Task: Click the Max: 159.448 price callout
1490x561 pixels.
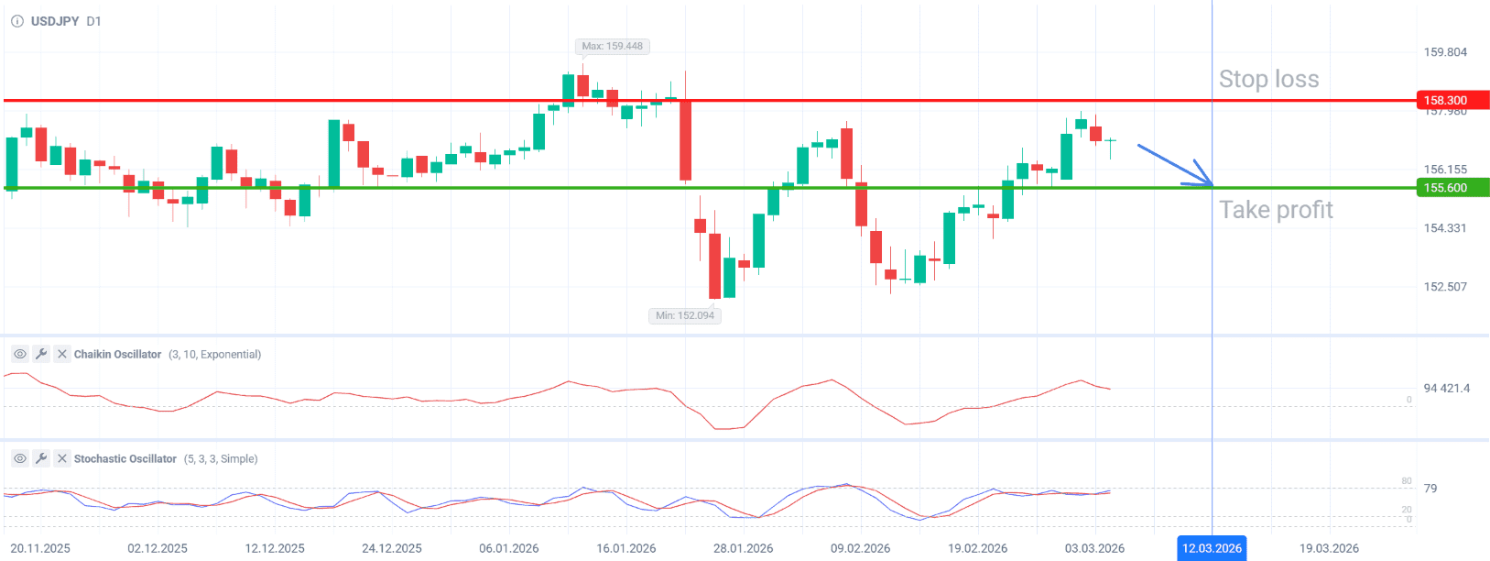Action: pos(612,46)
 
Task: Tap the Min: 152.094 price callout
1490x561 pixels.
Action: pos(684,315)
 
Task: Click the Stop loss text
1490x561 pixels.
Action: pos(1268,80)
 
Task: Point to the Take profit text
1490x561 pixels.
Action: pos(1276,210)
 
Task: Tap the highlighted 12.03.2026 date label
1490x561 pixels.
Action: pos(1212,548)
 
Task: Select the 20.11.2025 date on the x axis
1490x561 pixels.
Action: pos(40,548)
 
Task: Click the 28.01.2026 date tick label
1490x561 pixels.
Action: pos(743,548)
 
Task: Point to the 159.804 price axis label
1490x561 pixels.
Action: pos(1445,52)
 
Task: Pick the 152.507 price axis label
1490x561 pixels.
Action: pos(1445,287)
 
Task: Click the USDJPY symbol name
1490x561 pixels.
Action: pos(55,21)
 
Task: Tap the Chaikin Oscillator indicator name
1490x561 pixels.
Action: pos(117,355)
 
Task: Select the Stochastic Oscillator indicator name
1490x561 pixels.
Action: pos(125,459)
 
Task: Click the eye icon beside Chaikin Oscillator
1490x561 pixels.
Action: pos(19,354)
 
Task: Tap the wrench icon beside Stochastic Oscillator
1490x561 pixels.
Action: pos(41,458)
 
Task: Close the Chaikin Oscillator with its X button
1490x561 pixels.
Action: pos(62,354)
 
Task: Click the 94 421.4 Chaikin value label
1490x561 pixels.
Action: pos(1446,389)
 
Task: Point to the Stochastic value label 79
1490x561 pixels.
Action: pos(1430,489)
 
